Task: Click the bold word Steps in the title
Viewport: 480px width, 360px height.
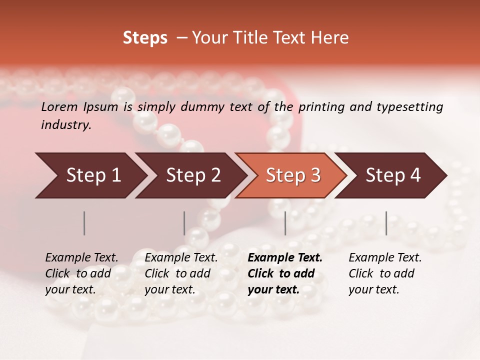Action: click(145, 38)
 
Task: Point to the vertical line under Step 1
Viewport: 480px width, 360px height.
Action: click(84, 223)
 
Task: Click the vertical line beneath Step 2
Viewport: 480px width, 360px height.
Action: click(184, 223)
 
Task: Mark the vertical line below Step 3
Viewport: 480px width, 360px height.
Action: click(285, 223)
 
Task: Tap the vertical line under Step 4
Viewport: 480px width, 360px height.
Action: click(386, 223)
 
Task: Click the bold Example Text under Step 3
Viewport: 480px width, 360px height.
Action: click(285, 258)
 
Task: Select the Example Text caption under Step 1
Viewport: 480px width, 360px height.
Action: click(81, 258)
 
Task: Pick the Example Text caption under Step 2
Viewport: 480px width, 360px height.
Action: click(181, 258)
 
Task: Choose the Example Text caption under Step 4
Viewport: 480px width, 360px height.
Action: click(385, 258)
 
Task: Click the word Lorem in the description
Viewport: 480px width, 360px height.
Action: click(59, 107)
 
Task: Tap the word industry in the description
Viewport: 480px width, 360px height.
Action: click(66, 125)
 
